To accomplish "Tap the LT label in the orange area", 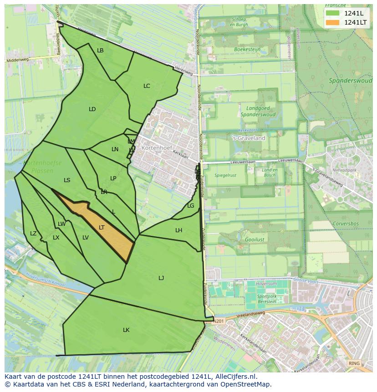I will click(x=102, y=227).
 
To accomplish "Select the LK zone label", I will click(x=126, y=330).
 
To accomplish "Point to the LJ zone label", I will click(x=161, y=278).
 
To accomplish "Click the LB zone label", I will click(x=100, y=50).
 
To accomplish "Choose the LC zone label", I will click(x=147, y=86).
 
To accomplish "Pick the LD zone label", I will click(x=92, y=109).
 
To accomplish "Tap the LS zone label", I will click(x=67, y=180).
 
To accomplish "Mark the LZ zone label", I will click(x=33, y=233).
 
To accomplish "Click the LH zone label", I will click(x=178, y=230).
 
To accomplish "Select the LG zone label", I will click(x=190, y=205).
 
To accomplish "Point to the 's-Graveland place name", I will click(x=249, y=138).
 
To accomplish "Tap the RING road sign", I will click(x=353, y=363).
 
